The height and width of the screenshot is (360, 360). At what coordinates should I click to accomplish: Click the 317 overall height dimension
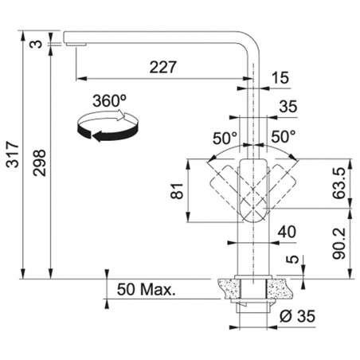pyautogui.click(x=13, y=155)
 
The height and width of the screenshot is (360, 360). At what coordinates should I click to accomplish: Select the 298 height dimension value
pyautogui.click(x=39, y=162)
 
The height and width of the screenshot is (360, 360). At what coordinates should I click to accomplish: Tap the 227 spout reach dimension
pyautogui.click(x=162, y=67)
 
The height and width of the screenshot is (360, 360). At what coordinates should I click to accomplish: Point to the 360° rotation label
pyautogui.click(x=110, y=101)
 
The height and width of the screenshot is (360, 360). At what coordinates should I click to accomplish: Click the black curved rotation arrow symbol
pyautogui.click(x=108, y=126)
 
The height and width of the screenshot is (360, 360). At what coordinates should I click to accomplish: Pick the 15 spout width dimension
pyautogui.click(x=280, y=78)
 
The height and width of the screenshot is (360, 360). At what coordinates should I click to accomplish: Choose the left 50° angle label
pyautogui.click(x=225, y=138)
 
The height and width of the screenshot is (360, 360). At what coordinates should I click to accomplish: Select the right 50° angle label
pyautogui.click(x=284, y=137)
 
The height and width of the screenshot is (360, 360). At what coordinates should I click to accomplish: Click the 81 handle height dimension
pyautogui.click(x=177, y=190)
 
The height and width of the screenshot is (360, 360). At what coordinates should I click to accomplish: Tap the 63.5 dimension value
pyautogui.click(x=339, y=183)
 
